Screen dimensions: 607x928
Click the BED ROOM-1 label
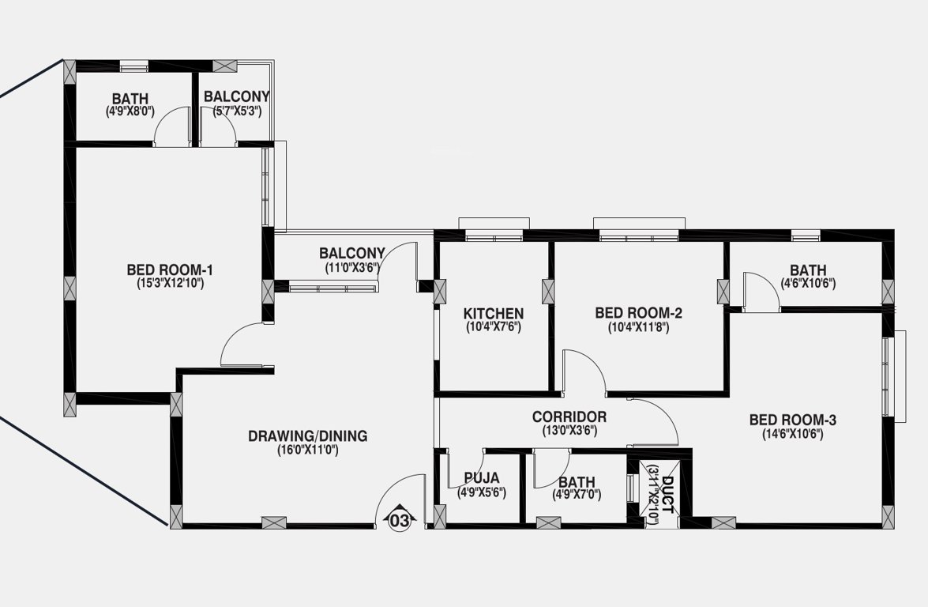click(170, 270)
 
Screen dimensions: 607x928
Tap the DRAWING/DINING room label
click(307, 435)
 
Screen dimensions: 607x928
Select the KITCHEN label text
click(493, 313)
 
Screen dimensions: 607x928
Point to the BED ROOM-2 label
click(638, 313)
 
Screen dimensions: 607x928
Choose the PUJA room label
click(481, 478)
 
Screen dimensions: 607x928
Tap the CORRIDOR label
click(569, 417)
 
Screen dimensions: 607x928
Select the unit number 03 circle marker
click(400, 520)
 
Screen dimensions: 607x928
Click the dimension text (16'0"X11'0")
click(307, 450)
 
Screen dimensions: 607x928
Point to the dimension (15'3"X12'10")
click(170, 283)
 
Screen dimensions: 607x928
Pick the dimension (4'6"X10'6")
click(808, 283)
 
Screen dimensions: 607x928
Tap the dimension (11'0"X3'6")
click(352, 267)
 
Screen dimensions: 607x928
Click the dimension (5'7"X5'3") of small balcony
click(237, 111)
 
